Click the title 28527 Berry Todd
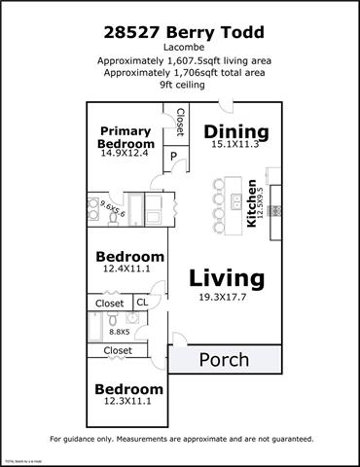click(x=181, y=32)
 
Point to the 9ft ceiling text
click(x=181, y=85)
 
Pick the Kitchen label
click(x=252, y=202)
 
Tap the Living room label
click(x=226, y=277)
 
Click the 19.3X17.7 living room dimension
click(x=226, y=298)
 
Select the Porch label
click(x=224, y=360)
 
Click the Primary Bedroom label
click(x=126, y=137)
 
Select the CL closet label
click(x=141, y=303)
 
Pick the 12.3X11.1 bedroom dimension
click(x=127, y=402)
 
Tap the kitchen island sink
click(x=237, y=202)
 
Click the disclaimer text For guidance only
click(x=181, y=439)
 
